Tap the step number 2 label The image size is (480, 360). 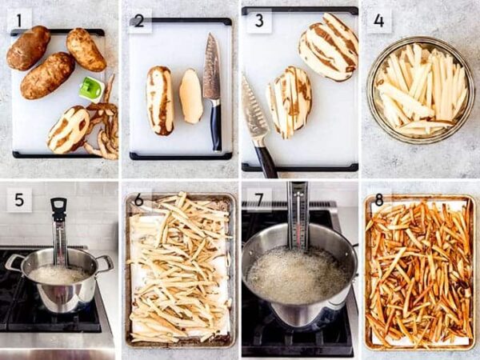(139, 21)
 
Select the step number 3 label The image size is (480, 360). (258, 21)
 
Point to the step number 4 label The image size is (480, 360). (378, 21)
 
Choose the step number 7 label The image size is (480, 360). (258, 198)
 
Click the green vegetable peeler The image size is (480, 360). (90, 88)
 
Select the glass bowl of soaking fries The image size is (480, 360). (420, 88)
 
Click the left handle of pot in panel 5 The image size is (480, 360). (14, 262)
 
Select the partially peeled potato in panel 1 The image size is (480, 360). (68, 128)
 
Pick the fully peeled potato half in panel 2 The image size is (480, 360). (190, 96)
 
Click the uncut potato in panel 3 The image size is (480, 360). (328, 46)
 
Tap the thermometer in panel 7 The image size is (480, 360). (298, 216)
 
